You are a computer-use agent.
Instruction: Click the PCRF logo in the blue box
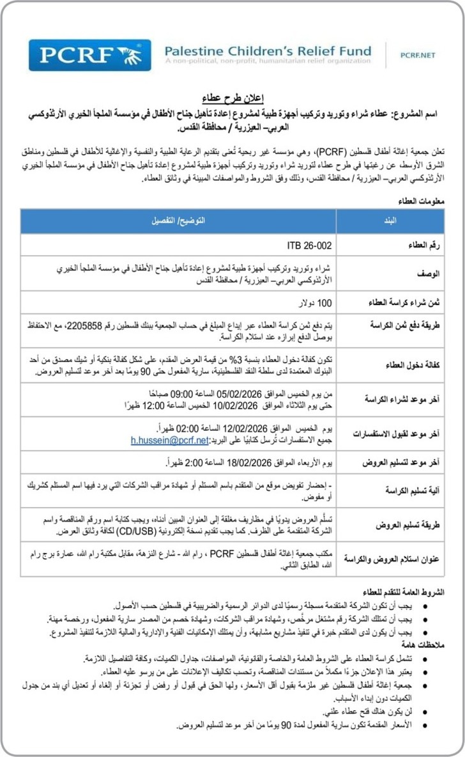[89, 55]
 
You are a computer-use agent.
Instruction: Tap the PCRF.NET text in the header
[418, 56]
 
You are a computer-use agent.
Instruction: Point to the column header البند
[389, 221]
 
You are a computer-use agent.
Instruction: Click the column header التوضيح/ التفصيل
[178, 221]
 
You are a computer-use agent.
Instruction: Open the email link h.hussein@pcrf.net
[169, 440]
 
